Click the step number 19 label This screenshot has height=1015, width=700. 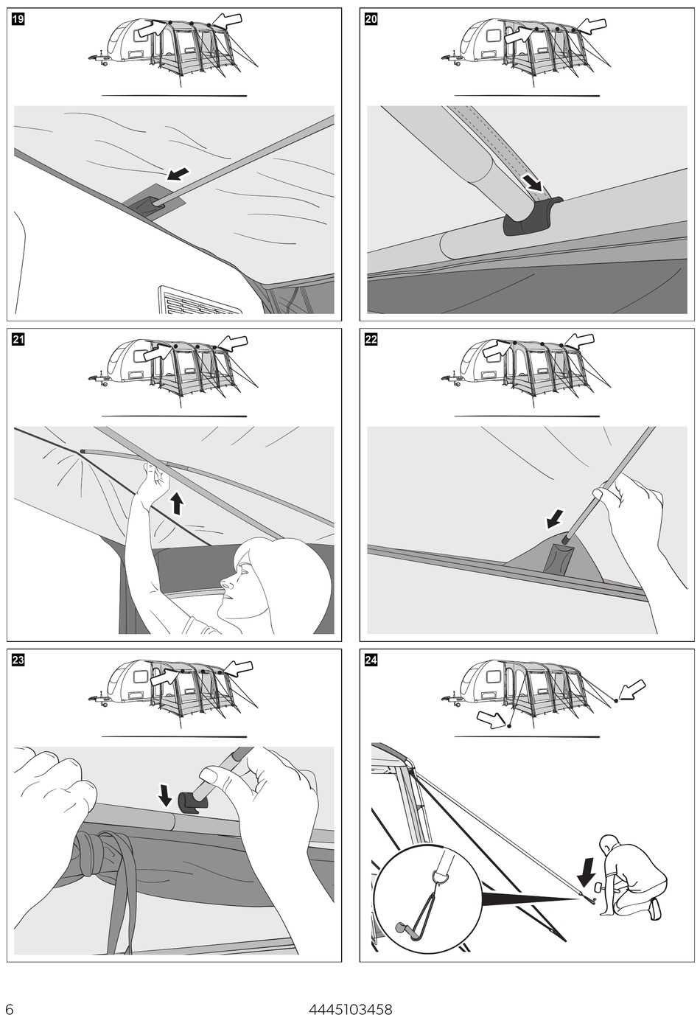click(18, 21)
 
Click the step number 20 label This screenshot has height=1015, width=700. click(371, 21)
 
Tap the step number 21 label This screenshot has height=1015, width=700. click(18, 340)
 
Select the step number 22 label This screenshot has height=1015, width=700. click(371, 340)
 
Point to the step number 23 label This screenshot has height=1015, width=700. click(18, 660)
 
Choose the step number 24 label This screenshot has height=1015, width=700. click(371, 660)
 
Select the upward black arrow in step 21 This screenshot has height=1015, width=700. click(177, 504)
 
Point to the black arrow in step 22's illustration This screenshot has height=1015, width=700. click(556, 518)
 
